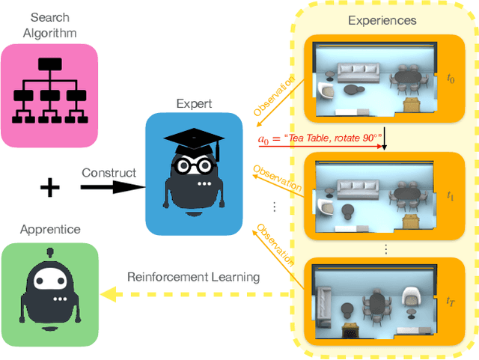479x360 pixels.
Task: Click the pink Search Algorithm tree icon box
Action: pos(49,96)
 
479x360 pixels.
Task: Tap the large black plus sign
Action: pos(49,187)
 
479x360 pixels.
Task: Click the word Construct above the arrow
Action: pos(109,173)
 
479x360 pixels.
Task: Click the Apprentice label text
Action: pos(50,231)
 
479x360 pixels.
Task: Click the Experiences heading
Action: pos(382,20)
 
